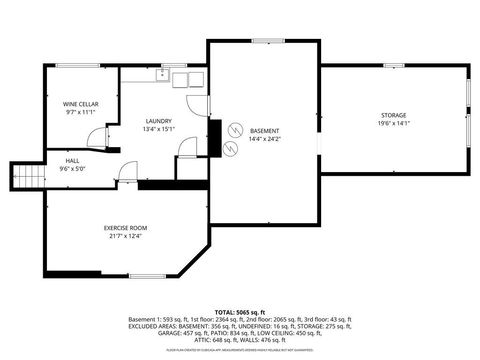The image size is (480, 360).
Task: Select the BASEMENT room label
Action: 264,130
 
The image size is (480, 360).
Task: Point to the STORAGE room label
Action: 392,116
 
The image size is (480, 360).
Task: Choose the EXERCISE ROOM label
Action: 127,229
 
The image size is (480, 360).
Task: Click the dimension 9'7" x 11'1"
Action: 79,112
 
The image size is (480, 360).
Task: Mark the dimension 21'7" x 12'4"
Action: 127,236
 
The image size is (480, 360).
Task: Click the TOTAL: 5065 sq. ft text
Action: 240,310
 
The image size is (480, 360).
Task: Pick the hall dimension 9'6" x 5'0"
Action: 73,168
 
